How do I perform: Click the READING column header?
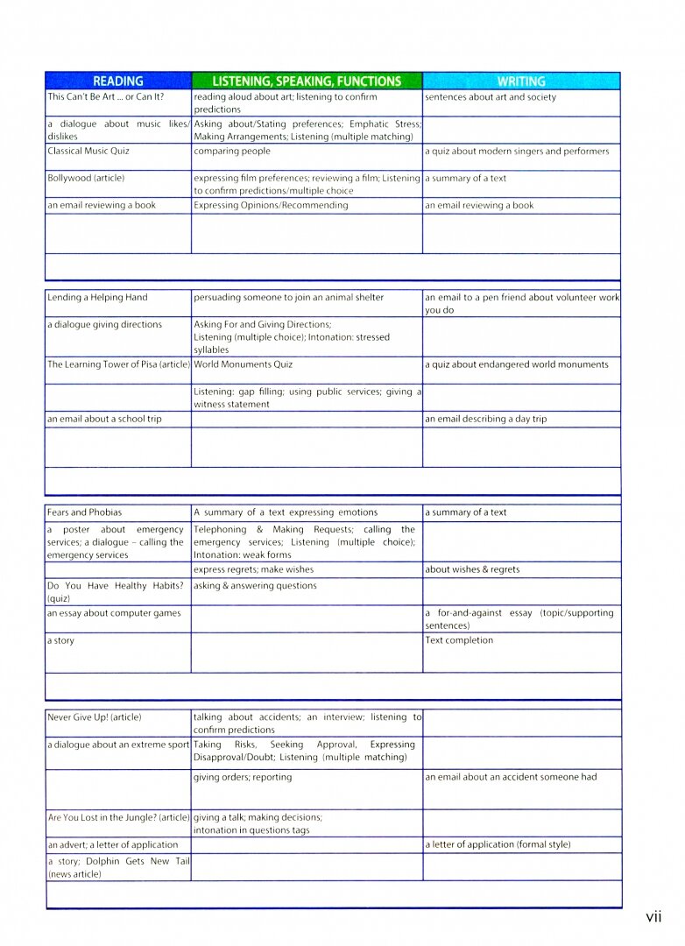coord(117,81)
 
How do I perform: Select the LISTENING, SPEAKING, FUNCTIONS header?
coord(307,81)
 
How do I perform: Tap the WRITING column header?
coord(521,81)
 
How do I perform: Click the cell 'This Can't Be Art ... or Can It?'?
coord(106,97)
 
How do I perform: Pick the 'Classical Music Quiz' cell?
coord(89,152)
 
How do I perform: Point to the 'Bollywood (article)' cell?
coord(87,179)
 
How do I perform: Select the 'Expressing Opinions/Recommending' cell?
coord(272,206)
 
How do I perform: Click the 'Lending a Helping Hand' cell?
coord(98,298)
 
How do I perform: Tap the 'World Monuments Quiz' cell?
coord(244,365)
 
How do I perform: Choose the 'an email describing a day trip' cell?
coord(486,420)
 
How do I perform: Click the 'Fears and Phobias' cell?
coord(85,513)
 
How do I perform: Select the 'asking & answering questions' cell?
coord(256,587)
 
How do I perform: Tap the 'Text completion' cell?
coord(459,641)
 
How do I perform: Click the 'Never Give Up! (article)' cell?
coord(95,718)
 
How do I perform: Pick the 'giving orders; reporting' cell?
coord(244,778)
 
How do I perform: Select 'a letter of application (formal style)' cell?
coord(498,845)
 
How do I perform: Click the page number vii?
coord(653,917)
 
